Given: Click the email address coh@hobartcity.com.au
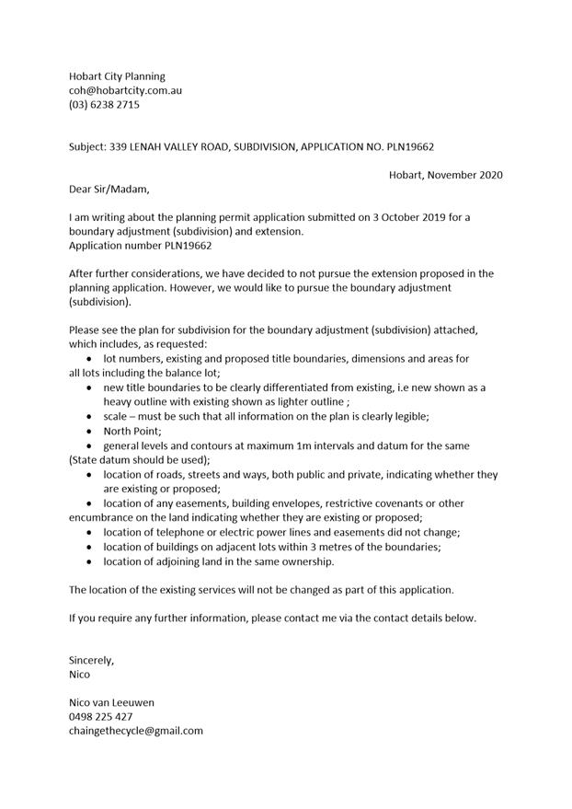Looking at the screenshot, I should (x=125, y=91).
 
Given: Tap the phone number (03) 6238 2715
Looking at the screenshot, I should (x=104, y=105).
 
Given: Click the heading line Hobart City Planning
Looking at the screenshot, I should (x=117, y=76).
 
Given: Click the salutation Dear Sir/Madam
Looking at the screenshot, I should (x=108, y=190).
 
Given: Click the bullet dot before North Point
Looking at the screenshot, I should (x=88, y=431).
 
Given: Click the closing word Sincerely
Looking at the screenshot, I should (x=92, y=660).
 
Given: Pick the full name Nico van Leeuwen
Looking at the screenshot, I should (x=111, y=702).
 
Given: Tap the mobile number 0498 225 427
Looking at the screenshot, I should (x=100, y=716).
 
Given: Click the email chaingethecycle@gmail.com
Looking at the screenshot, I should (x=135, y=730).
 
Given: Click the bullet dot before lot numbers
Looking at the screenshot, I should (x=88, y=359).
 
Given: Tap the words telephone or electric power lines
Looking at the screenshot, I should (x=229, y=532).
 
